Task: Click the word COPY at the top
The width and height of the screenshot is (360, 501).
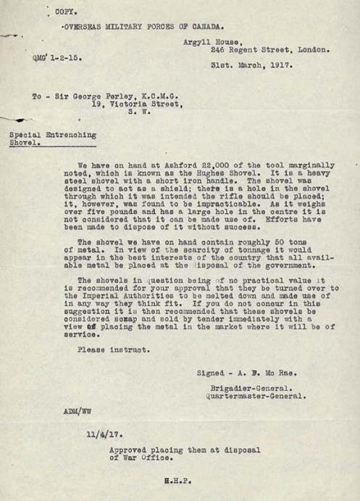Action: tap(64, 13)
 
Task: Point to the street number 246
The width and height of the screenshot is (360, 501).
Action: tap(219, 51)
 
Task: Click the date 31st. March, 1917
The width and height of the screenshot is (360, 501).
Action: tap(246, 65)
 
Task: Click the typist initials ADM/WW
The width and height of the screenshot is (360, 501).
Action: tap(77, 411)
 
